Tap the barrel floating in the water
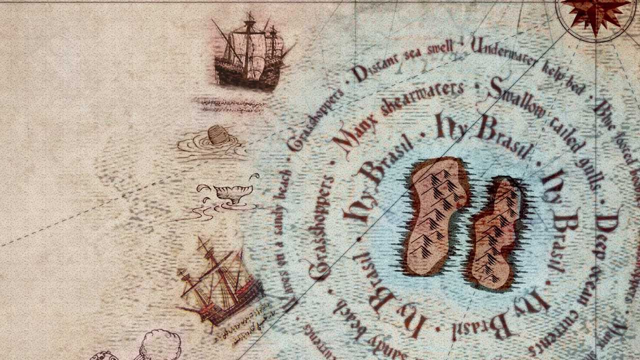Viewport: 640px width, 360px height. [216, 135]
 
